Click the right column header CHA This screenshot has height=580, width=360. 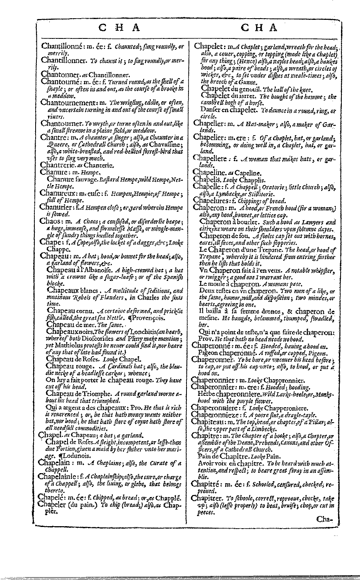[x=259, y=28]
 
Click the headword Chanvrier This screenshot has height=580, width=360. [x=56, y=208]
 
